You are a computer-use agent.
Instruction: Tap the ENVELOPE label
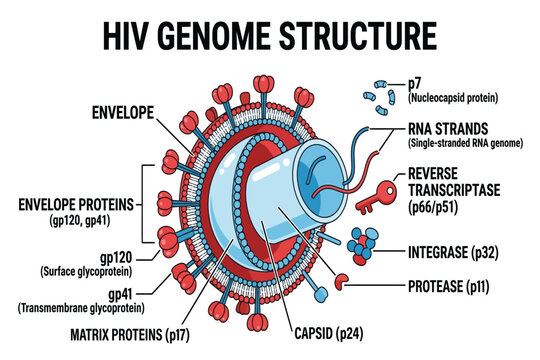(123, 113)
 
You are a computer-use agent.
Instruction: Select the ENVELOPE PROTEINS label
(76, 205)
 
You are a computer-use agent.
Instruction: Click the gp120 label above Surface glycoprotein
(116, 258)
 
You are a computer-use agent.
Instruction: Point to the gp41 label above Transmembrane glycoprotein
(120, 295)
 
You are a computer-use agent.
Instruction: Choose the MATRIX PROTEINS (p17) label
(130, 335)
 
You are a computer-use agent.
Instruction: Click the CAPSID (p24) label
(329, 334)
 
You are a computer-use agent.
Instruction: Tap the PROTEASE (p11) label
(449, 287)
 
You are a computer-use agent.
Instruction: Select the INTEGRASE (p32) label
(453, 253)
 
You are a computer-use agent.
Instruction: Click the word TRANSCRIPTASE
(454, 190)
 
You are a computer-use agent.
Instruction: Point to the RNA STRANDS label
(448, 129)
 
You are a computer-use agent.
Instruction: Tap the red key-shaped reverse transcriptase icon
(376, 196)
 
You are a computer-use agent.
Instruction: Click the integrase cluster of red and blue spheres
(363, 246)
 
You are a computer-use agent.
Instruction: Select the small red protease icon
(341, 281)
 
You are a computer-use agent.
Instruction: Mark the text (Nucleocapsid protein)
(453, 98)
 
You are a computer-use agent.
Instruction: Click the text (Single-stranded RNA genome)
(466, 143)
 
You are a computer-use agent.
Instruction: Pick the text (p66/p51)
(433, 208)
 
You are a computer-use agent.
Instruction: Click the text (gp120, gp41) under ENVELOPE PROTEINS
(80, 220)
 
